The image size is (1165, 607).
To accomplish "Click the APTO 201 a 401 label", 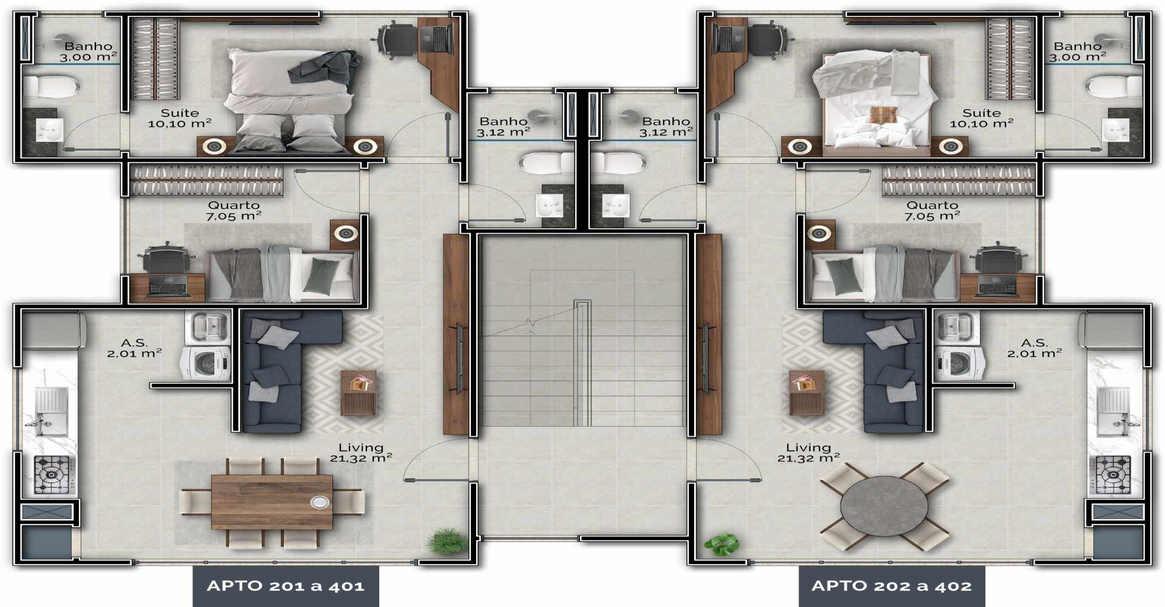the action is coord(286,586).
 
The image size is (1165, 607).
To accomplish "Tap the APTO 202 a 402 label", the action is coord(891,586).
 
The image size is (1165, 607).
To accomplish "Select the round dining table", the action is coord(884,506).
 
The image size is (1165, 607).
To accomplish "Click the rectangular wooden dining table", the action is coord(272,502).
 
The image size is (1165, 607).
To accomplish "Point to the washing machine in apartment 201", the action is coord(206,364).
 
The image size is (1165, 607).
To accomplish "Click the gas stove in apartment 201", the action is coord(55,474).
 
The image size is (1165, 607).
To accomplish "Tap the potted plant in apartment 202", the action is coord(721,544).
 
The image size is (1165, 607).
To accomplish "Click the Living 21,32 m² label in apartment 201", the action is coord(361,453).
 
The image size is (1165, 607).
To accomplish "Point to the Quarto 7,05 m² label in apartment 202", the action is coord(932,211).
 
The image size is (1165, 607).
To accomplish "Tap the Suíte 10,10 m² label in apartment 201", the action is coord(180,118).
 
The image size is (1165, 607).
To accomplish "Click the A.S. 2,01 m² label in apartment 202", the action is coord(1035,348).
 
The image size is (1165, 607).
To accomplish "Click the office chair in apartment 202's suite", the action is coord(771,39).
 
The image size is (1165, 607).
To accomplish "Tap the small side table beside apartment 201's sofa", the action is coord(358,392).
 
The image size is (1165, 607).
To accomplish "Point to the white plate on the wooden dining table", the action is coord(319,502).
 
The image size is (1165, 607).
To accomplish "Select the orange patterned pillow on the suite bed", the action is coord(883,115).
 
